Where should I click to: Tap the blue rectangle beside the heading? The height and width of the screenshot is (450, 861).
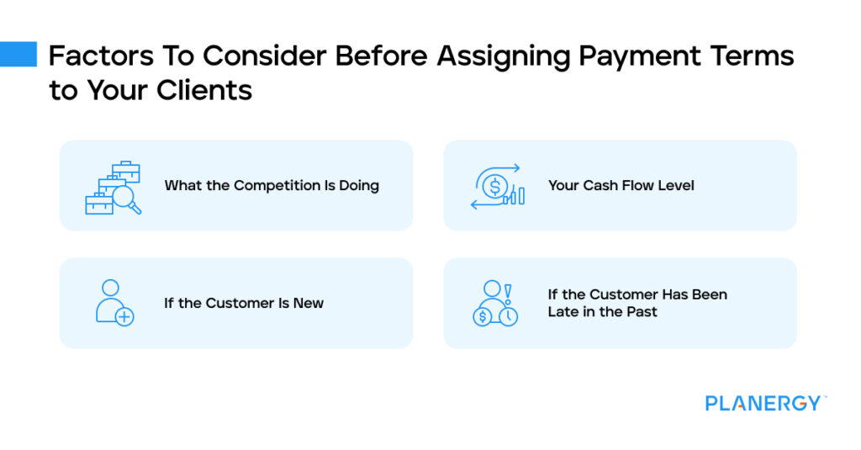point(18,54)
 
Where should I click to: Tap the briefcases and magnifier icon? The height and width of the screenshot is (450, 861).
point(113,187)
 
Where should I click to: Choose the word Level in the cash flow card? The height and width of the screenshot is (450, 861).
point(676,185)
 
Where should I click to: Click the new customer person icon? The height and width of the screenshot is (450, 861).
point(113,303)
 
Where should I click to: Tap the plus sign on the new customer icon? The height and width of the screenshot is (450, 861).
point(124,317)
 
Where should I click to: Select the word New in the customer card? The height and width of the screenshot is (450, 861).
point(308,303)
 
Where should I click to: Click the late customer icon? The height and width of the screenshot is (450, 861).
point(495,303)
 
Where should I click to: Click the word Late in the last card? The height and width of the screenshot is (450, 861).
point(565,312)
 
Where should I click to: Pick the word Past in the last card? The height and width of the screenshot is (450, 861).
point(642,312)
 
